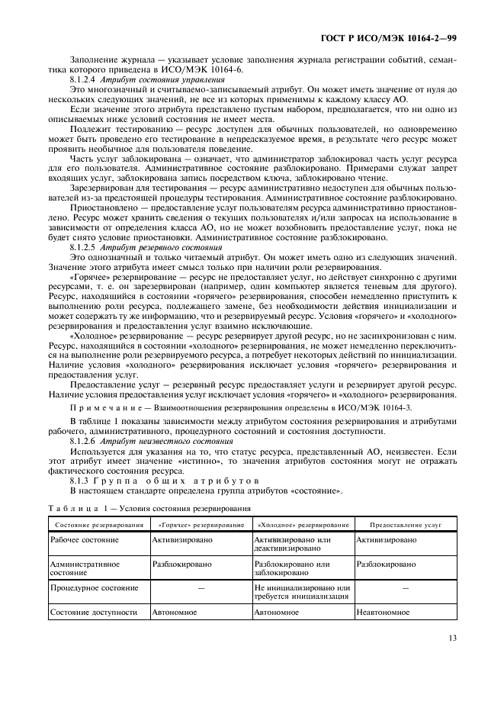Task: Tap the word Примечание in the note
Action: point(104,409)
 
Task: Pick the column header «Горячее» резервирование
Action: point(201,525)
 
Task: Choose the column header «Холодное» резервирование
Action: point(303,525)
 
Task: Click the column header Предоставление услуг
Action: point(406,525)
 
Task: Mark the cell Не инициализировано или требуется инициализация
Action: point(302,592)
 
